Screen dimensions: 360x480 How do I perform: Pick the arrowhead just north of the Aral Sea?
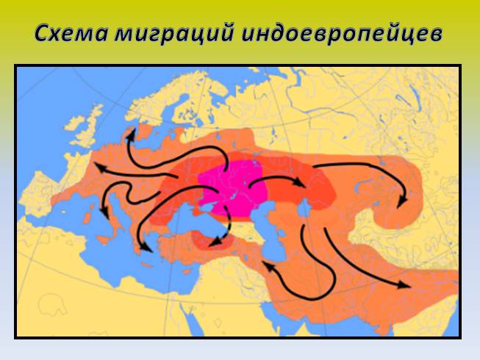tap(301, 181)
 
